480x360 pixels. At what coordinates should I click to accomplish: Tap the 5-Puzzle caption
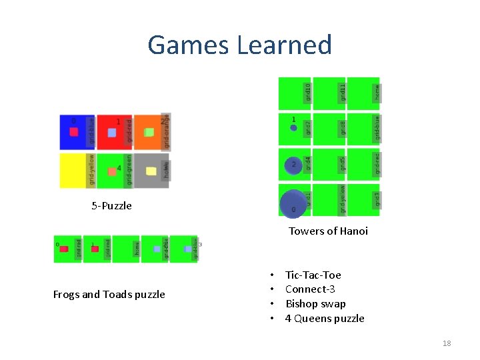click(111, 206)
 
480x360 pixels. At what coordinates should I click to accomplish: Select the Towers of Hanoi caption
click(328, 231)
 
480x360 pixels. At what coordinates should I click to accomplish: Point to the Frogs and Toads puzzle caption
click(109, 294)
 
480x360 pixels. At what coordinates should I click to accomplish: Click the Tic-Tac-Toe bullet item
click(313, 275)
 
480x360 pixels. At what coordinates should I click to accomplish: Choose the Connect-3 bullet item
click(310, 289)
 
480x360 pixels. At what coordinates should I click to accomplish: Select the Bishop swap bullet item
click(315, 304)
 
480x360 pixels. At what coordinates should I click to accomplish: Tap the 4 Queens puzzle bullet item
click(325, 319)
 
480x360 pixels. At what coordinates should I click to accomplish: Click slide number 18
click(447, 343)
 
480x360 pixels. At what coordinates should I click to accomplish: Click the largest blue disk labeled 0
click(294, 203)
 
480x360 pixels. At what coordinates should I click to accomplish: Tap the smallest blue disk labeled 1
click(293, 127)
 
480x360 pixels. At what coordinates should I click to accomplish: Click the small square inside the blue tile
click(74, 132)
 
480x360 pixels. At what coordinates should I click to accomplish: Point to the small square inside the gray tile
click(151, 171)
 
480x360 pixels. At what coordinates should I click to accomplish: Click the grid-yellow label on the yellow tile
click(92, 169)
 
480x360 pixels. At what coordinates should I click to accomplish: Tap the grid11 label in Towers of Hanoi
click(342, 91)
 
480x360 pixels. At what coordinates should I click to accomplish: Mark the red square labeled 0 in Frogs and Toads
click(64, 249)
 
